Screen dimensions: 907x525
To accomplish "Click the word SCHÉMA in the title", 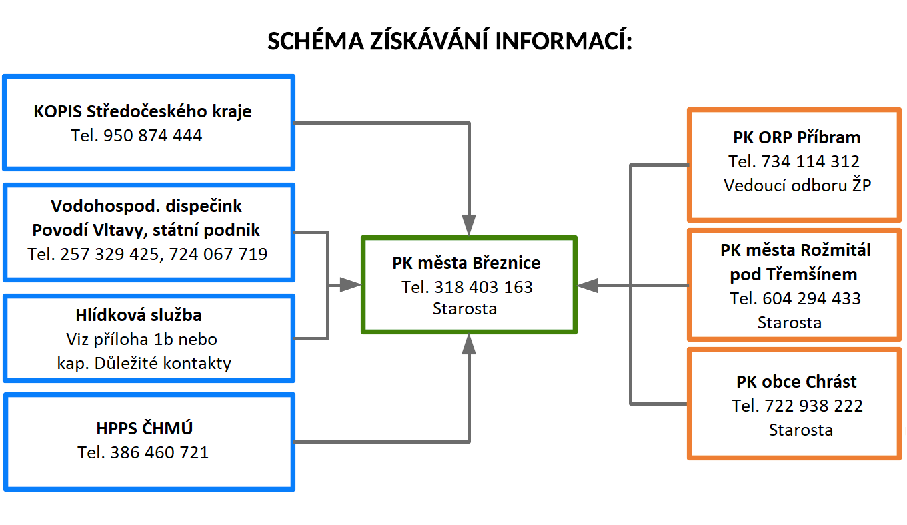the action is [316, 41].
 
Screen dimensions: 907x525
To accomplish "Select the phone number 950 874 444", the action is [153, 135].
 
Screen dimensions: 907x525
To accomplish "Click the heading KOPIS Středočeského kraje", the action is [143, 111].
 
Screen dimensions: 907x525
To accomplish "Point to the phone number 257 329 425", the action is [109, 254].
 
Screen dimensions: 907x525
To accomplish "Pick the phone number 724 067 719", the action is [218, 254].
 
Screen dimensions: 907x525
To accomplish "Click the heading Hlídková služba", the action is [139, 315].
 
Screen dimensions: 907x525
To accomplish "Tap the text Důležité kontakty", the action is [163, 363].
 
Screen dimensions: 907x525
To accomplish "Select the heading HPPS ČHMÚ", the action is [145, 428].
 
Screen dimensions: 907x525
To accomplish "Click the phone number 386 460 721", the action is [159, 452].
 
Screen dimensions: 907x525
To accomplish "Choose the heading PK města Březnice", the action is [466, 263].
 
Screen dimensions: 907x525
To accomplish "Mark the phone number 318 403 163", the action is [484, 288].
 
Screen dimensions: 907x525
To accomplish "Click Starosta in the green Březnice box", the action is [465, 309].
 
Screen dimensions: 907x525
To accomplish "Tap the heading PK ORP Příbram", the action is [797, 137].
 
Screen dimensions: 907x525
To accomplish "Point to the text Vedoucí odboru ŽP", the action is [797, 185].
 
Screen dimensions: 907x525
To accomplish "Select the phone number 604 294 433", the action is [812, 299].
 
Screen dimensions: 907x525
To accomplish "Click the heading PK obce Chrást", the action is [796, 382].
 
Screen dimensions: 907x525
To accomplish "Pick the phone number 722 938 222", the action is [814, 406].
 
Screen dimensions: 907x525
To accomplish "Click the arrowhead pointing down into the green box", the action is [469, 225].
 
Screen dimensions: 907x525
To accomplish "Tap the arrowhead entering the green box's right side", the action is [587, 286].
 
